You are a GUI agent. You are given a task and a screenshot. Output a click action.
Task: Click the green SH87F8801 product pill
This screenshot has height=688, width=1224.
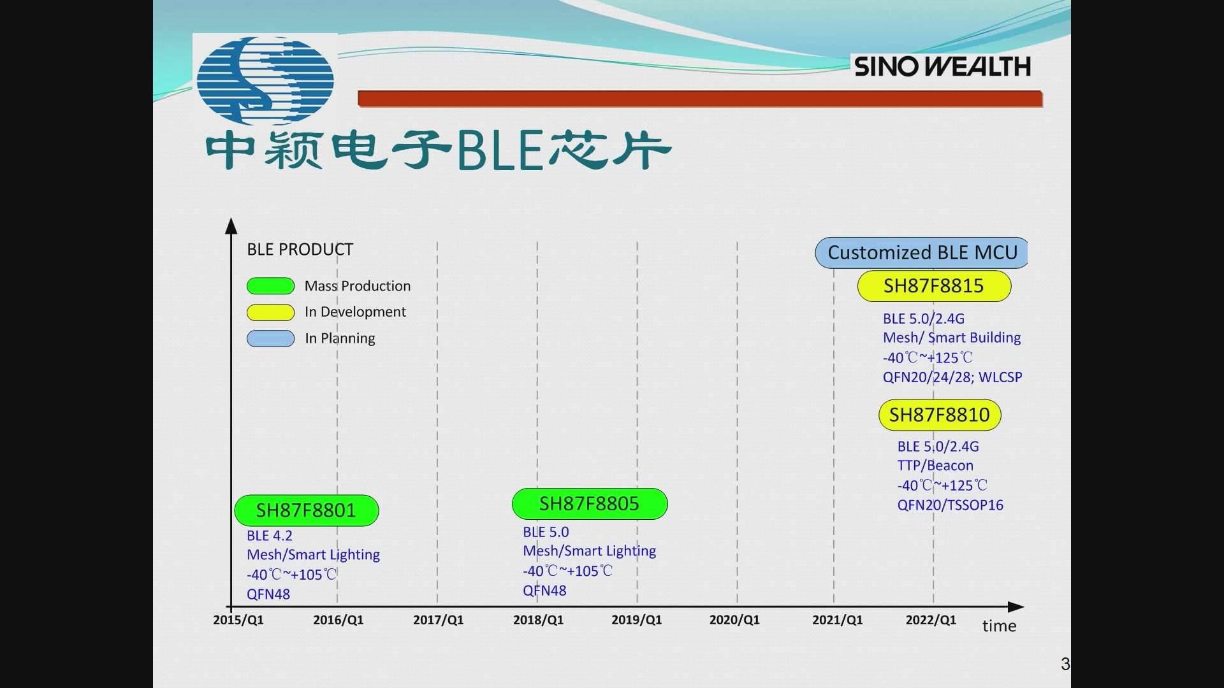(307, 510)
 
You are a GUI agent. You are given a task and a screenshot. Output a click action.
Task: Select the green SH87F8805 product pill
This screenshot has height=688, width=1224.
(590, 504)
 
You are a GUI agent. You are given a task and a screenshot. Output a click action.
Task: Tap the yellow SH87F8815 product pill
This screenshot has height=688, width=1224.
(934, 286)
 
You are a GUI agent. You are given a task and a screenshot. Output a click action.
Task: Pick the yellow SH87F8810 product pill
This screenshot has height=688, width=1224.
(940, 415)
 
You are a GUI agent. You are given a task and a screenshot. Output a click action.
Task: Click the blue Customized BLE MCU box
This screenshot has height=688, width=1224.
(921, 253)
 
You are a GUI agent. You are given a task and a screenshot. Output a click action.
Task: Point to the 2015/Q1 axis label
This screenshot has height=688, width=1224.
(238, 620)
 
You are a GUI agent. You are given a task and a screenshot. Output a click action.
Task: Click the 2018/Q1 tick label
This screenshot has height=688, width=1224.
(538, 620)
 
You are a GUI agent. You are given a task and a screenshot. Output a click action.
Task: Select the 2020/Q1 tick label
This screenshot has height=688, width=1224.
(734, 620)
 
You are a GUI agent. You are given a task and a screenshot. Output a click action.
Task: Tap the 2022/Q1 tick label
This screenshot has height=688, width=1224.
(931, 620)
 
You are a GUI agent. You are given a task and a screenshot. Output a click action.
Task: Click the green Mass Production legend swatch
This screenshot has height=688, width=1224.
(270, 286)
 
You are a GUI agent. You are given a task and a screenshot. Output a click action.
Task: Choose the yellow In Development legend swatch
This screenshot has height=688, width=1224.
(270, 312)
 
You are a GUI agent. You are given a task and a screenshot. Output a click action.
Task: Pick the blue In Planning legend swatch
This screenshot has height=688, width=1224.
(270, 338)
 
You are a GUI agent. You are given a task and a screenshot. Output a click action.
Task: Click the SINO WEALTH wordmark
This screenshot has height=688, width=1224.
(942, 66)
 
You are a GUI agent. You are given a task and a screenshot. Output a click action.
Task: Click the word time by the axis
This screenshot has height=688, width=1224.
(999, 626)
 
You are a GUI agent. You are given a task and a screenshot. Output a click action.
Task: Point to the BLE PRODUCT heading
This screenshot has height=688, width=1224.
(300, 249)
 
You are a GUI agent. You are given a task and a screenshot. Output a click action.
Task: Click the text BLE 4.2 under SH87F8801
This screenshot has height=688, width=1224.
(270, 536)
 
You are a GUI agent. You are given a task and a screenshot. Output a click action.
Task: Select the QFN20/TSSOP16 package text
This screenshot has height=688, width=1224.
(950, 505)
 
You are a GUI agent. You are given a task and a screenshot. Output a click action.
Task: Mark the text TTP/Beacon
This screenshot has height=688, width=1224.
(935, 466)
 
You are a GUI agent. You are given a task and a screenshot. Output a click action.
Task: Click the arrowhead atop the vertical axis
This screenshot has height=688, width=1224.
(231, 226)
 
